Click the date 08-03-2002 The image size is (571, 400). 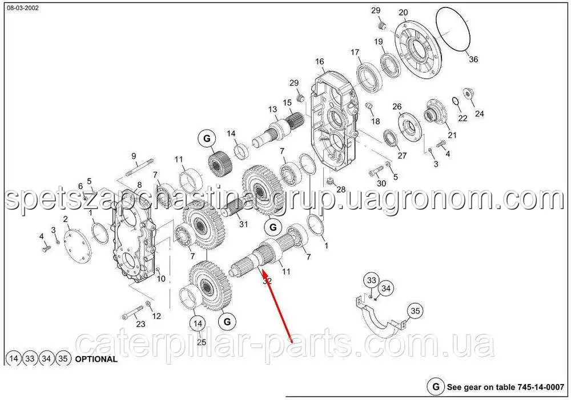(x=23, y=7)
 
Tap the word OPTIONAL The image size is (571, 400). (x=96, y=359)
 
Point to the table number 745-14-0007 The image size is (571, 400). (x=540, y=387)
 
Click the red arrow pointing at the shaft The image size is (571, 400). (x=278, y=305)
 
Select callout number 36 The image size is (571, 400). (x=473, y=59)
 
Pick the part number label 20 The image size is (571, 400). (x=404, y=13)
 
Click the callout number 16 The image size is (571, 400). (x=320, y=62)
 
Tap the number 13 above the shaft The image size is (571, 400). (x=273, y=109)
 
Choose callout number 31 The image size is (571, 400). (x=243, y=224)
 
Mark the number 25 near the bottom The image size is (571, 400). (x=202, y=342)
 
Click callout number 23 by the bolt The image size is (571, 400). (x=140, y=324)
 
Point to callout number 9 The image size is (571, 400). (x=134, y=156)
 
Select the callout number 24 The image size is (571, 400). (x=479, y=114)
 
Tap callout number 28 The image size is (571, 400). (x=341, y=189)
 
